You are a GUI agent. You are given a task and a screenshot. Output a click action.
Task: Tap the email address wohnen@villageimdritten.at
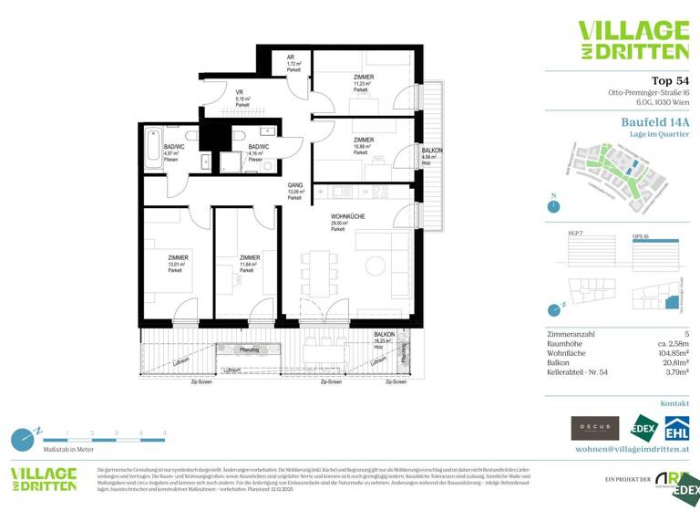632,449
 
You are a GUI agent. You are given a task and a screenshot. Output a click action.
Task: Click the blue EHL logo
675,427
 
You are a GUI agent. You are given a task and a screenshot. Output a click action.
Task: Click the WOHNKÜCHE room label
348,216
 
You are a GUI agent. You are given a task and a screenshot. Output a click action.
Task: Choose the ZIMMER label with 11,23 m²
362,78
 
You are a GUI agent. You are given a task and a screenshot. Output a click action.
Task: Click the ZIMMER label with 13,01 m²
177,258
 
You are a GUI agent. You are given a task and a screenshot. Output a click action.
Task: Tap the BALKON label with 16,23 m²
384,335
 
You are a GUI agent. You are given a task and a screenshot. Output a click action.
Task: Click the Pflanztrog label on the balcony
249,349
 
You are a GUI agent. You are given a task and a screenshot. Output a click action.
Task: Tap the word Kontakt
674,402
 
